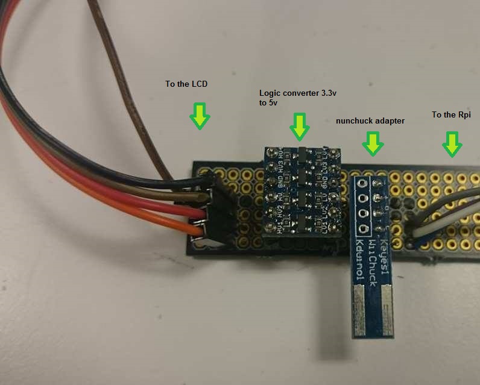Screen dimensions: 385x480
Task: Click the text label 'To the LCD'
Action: tap(186, 84)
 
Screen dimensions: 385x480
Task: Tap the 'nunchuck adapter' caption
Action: tap(370, 121)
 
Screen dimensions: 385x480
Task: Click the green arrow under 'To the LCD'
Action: tap(198, 116)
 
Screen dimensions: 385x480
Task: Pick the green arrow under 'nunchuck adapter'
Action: tap(373, 143)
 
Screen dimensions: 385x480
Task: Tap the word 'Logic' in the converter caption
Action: tap(270, 93)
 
